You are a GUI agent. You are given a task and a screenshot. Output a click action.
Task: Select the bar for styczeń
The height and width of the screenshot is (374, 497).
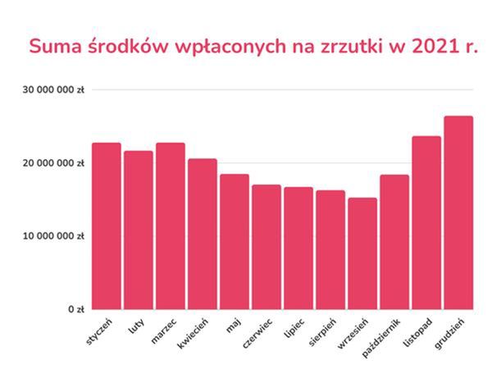tap(107, 226)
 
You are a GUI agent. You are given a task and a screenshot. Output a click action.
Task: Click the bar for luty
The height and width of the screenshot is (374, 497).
tap(139, 230)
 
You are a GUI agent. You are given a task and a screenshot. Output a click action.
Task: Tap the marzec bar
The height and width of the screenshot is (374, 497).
tap(171, 226)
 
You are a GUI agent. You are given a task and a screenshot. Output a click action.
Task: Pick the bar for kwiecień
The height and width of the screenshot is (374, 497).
tap(203, 235)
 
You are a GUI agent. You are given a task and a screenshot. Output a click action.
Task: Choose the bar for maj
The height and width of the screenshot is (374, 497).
tap(235, 242)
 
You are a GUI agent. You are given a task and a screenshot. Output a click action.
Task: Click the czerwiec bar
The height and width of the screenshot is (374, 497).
tap(267, 247)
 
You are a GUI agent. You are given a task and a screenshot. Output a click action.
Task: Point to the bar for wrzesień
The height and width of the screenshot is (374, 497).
tap(362, 253)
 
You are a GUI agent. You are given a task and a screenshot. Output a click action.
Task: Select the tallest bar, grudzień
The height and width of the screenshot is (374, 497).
tap(458, 213)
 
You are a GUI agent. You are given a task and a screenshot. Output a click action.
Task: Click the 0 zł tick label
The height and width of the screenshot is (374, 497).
tap(75, 310)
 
